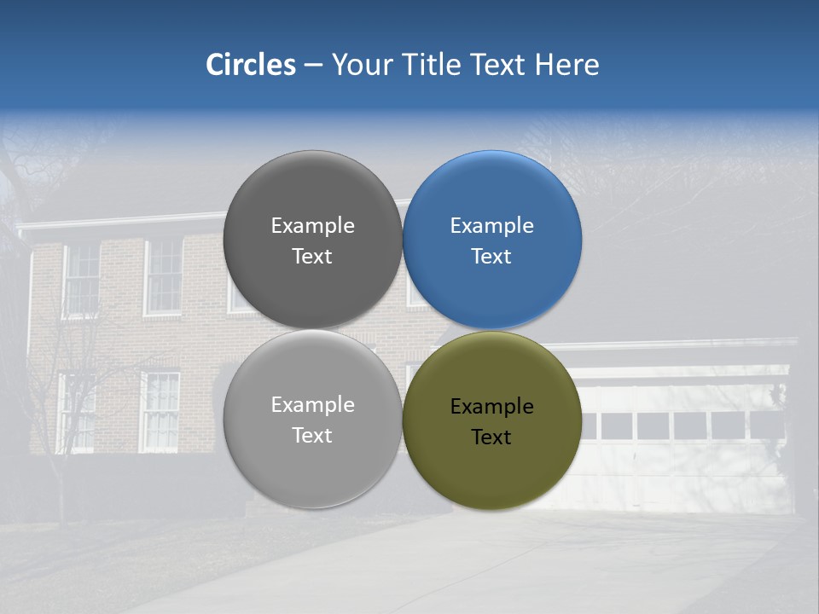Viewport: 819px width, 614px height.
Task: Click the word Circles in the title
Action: pos(250,65)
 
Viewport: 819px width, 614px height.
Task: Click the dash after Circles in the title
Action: pos(313,66)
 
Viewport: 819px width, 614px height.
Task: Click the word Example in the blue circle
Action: pos(491,225)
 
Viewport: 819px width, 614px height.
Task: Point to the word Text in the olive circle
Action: pos(491,437)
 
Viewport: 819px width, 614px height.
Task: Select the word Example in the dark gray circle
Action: pos(312,225)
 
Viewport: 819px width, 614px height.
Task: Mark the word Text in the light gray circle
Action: pos(312,435)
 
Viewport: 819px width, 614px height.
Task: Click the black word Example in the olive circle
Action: pos(491,406)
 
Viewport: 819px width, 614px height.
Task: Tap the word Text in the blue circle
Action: pos(491,256)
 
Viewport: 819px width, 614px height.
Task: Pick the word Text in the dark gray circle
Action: pos(312,256)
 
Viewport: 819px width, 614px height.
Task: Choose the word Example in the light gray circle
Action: pos(312,404)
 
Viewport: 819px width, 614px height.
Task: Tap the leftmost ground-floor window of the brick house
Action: pos(75,412)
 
